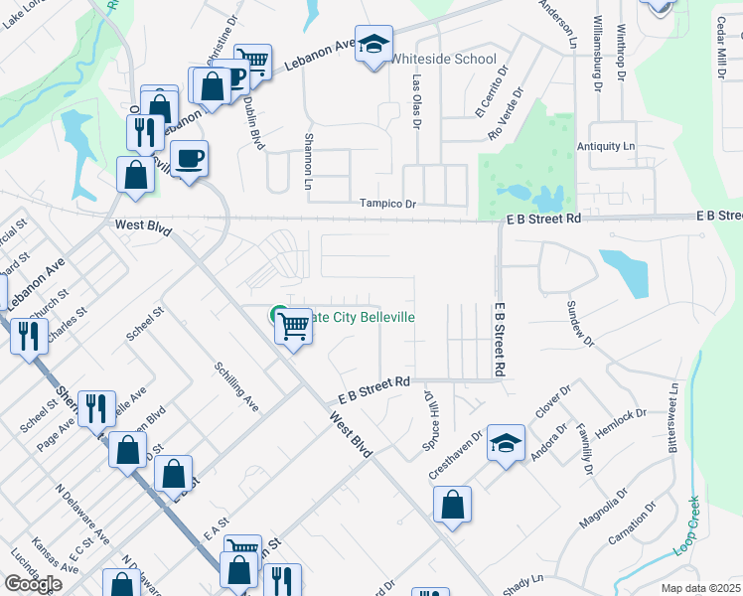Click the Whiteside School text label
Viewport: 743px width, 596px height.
[443, 59]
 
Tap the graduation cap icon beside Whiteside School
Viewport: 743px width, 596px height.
[374, 45]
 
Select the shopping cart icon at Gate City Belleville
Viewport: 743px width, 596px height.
[294, 326]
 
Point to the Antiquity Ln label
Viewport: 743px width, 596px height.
[606, 146]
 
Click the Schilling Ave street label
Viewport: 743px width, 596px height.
[237, 386]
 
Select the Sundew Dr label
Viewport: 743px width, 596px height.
[579, 324]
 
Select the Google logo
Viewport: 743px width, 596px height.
[33, 584]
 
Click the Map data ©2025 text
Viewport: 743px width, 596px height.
[700, 588]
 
